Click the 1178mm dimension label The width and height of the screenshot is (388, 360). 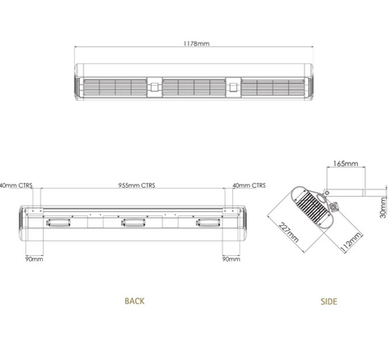click(x=196, y=43)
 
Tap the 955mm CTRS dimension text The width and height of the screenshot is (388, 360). click(x=136, y=185)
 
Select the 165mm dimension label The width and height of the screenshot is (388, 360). click(x=346, y=163)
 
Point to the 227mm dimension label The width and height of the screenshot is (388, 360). click(x=289, y=232)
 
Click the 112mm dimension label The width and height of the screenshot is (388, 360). click(x=351, y=242)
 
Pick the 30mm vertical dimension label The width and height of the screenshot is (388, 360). click(x=383, y=207)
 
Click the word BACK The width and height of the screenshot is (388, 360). click(x=135, y=301)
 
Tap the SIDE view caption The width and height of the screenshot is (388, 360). click(x=329, y=301)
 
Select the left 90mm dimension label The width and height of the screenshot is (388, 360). click(x=34, y=259)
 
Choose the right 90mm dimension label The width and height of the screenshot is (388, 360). click(x=231, y=259)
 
